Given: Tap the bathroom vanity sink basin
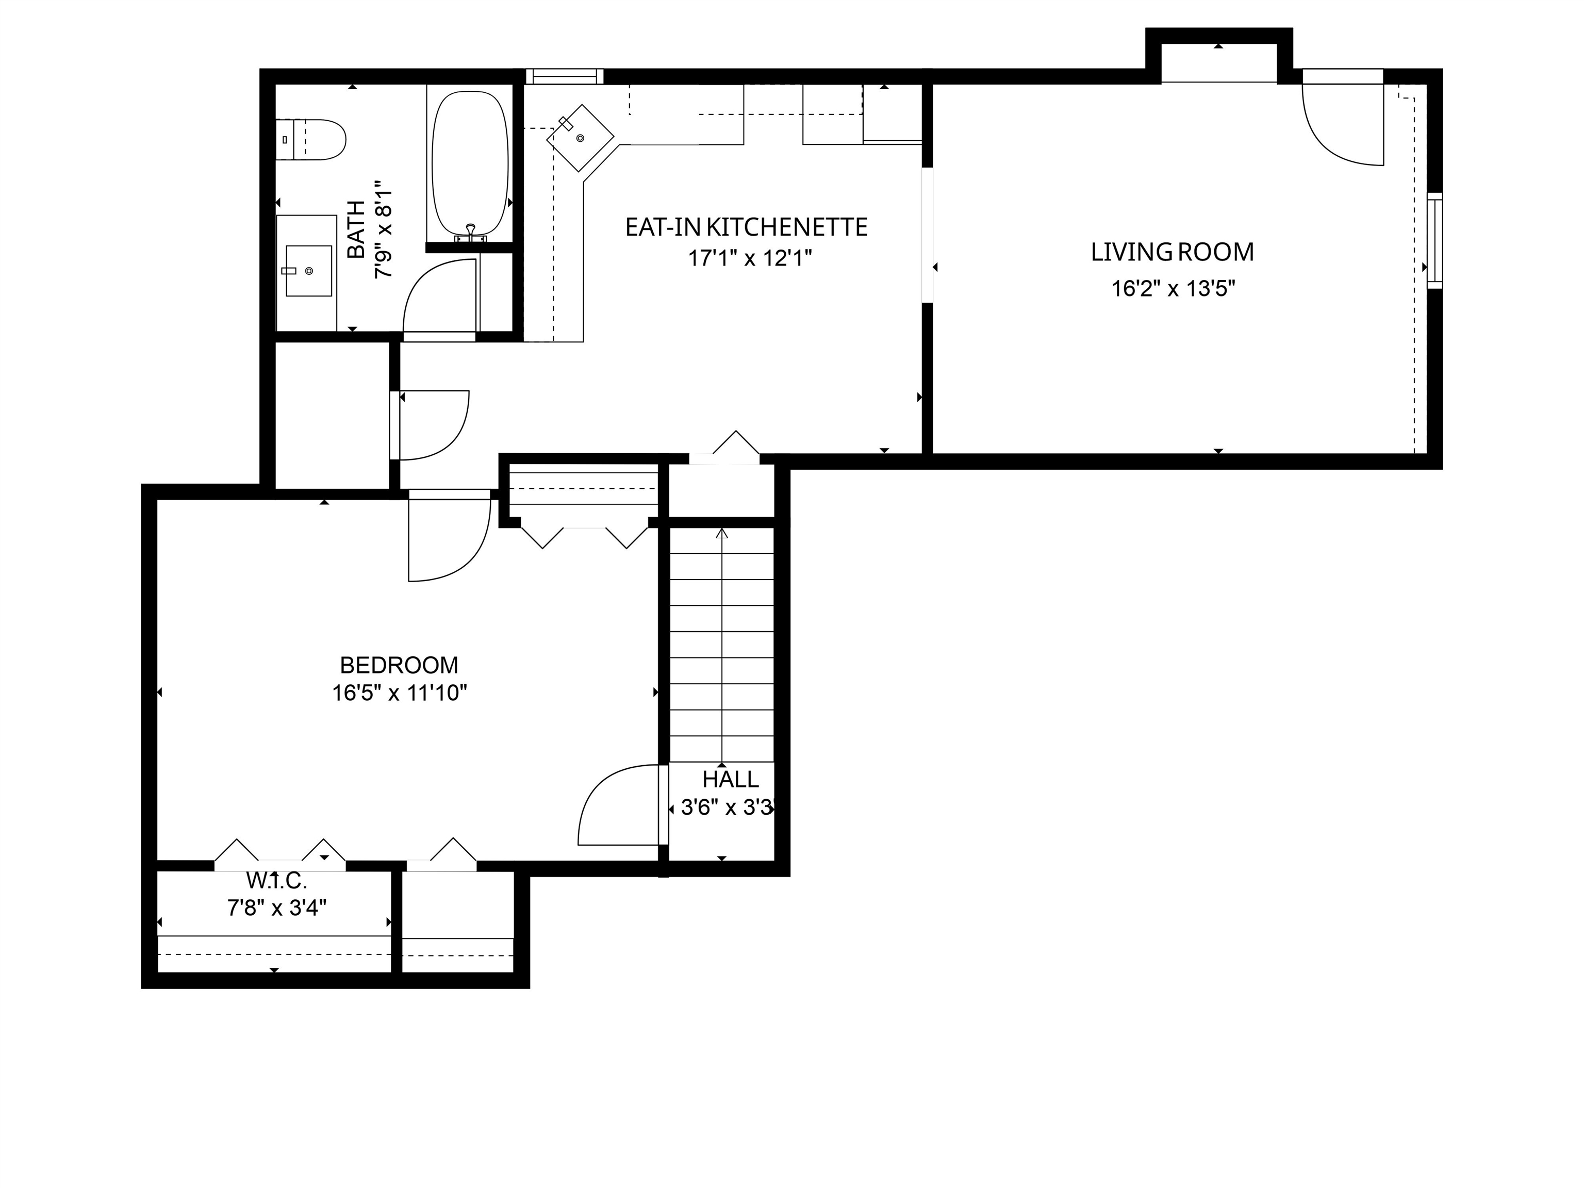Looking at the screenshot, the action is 309,271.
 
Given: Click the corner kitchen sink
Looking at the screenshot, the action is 580,138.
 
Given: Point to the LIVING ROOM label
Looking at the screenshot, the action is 1172,252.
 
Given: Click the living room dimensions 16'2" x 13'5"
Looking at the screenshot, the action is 1173,289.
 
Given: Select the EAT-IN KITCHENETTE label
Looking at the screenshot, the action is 746,227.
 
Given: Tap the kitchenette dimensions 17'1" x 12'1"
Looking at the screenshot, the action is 750,258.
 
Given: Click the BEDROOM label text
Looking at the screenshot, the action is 399,665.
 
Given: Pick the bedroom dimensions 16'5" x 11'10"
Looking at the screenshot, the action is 400,693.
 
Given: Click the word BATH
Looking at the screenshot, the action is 356,230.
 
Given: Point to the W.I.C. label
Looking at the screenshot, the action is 276,880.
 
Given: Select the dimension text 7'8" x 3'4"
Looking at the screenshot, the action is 277,908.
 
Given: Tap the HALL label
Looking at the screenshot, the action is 731,779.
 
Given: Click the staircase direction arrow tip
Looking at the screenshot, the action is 722,531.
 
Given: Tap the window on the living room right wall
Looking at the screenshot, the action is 1434,241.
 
